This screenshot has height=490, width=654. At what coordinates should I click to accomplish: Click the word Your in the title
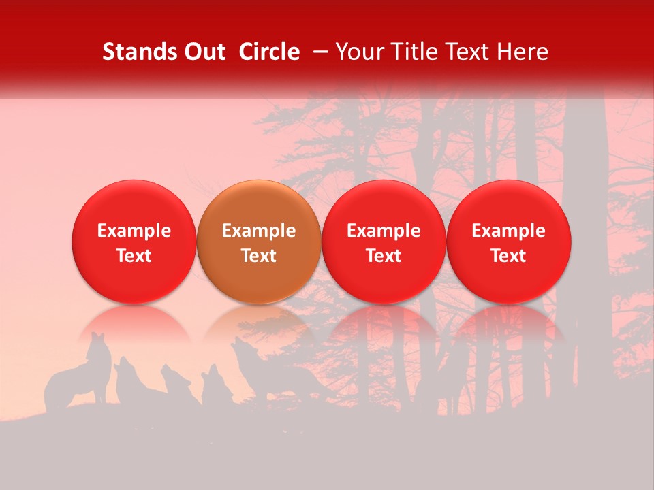click(356, 52)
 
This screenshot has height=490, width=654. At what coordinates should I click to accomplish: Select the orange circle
click(259, 242)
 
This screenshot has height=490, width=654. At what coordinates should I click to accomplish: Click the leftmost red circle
click(134, 242)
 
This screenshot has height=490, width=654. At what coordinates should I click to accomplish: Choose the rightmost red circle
click(508, 242)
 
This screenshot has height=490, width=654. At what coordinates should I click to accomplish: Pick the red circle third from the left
click(384, 242)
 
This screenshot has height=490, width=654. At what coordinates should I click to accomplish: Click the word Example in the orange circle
click(259, 231)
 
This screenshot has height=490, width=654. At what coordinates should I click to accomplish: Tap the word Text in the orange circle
click(259, 256)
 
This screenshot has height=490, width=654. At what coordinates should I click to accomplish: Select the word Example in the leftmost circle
click(134, 231)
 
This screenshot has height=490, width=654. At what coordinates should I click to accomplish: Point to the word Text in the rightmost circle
click(508, 256)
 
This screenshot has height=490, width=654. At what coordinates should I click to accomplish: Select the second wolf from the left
click(129, 385)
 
